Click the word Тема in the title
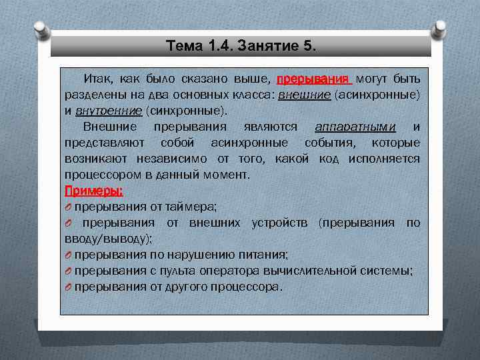(183, 46)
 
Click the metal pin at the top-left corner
(40, 29)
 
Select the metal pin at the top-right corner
(440, 29)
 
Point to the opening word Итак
(98, 79)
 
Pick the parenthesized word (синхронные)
(186, 111)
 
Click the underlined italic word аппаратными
(355, 127)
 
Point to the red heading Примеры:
(93, 191)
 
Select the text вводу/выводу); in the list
(109, 238)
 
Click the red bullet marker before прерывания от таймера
(68, 207)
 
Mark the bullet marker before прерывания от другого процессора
(68, 286)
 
